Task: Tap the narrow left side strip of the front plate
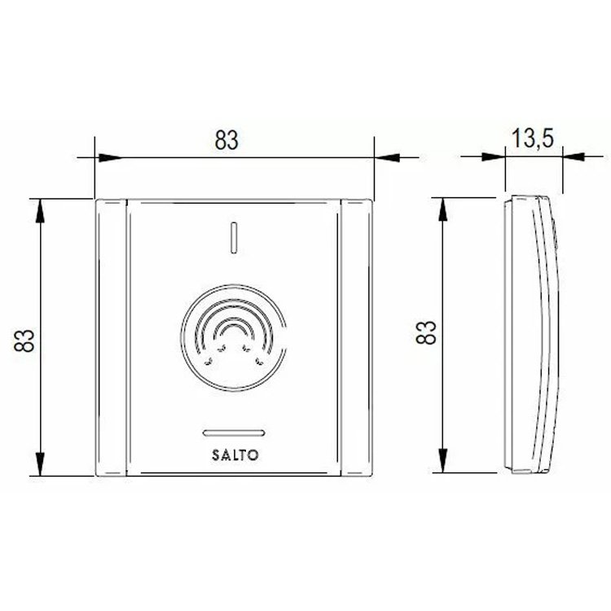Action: tap(111, 336)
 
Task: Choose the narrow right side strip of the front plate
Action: tap(355, 336)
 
